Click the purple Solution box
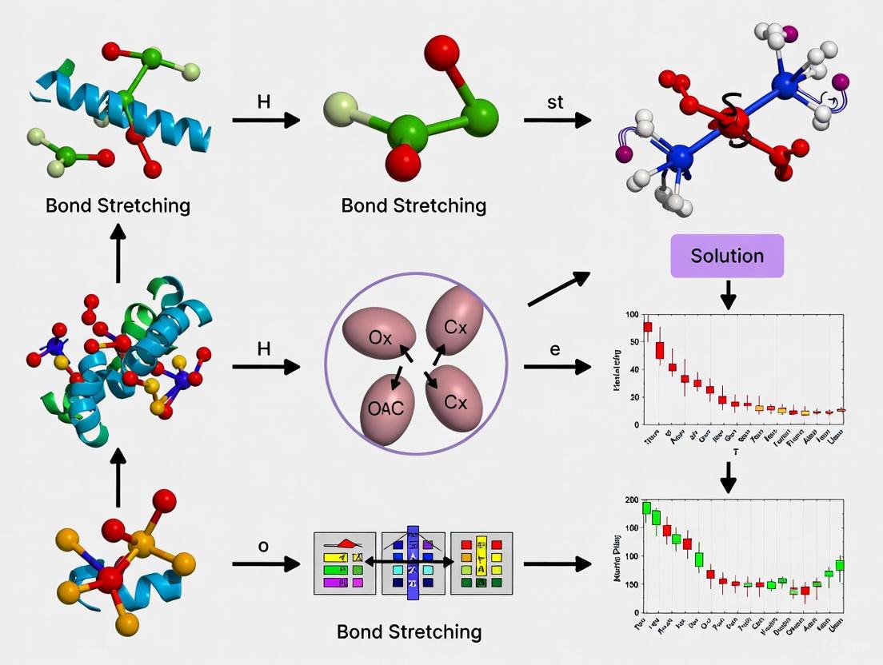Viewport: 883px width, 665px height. [727, 256]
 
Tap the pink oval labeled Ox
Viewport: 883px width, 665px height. [379, 338]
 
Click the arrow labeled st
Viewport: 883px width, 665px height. [557, 121]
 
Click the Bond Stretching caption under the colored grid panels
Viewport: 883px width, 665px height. [409, 631]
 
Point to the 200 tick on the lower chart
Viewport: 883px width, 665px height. [632, 500]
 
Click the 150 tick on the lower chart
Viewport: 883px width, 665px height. [632, 584]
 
